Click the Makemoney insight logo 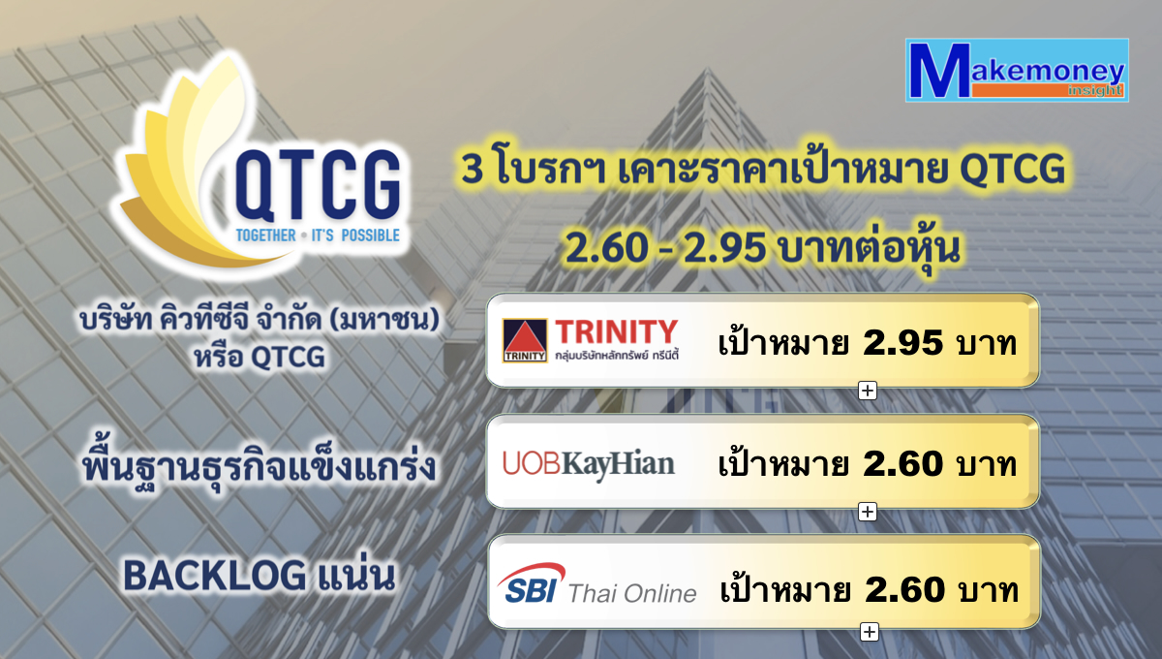[1017, 70]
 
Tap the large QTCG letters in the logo [318, 185]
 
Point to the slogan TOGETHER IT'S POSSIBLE [318, 235]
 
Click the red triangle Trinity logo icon [525, 340]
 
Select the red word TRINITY [616, 331]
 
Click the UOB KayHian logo [589, 465]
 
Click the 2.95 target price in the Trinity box [902, 343]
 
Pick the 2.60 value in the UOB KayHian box [902, 464]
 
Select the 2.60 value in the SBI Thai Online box [904, 590]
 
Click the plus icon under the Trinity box [868, 391]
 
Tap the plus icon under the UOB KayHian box [868, 512]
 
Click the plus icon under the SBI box [870, 632]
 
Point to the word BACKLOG [215, 576]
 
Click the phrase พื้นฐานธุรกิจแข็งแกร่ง [259, 465]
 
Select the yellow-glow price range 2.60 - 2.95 [665, 247]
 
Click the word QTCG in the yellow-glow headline [1012, 170]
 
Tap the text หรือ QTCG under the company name [259, 358]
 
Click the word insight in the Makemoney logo [1094, 91]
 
